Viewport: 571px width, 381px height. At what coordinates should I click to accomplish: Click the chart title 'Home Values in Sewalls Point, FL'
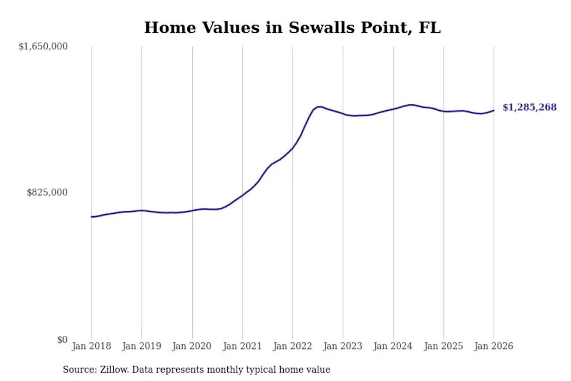click(x=293, y=27)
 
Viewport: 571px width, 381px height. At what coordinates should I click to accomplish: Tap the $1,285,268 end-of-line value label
click(x=529, y=107)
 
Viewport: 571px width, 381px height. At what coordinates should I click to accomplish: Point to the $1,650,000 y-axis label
click(x=43, y=46)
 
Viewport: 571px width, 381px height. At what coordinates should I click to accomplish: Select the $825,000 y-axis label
click(x=48, y=192)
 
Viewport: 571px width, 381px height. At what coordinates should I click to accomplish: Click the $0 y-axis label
click(x=62, y=339)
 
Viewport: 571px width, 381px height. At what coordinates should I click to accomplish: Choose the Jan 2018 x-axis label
click(x=92, y=346)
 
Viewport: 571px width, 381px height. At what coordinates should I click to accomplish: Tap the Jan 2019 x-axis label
click(x=142, y=346)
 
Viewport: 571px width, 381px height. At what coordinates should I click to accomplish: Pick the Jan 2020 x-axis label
click(x=192, y=346)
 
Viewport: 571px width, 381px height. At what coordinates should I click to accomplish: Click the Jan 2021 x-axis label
click(x=242, y=346)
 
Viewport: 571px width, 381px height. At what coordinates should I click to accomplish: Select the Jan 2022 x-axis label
click(x=293, y=346)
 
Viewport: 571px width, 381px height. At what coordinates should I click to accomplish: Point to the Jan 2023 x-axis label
click(x=343, y=346)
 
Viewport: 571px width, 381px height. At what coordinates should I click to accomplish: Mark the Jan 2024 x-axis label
click(x=393, y=346)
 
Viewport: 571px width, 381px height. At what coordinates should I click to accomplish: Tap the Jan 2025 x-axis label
click(x=443, y=346)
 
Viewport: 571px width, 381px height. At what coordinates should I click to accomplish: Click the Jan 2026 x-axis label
click(x=494, y=346)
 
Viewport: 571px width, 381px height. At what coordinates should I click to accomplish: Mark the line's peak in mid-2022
click(x=319, y=107)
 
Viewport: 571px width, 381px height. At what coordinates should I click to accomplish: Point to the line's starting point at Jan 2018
click(x=92, y=217)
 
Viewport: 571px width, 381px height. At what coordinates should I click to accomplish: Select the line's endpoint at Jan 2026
click(x=494, y=110)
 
